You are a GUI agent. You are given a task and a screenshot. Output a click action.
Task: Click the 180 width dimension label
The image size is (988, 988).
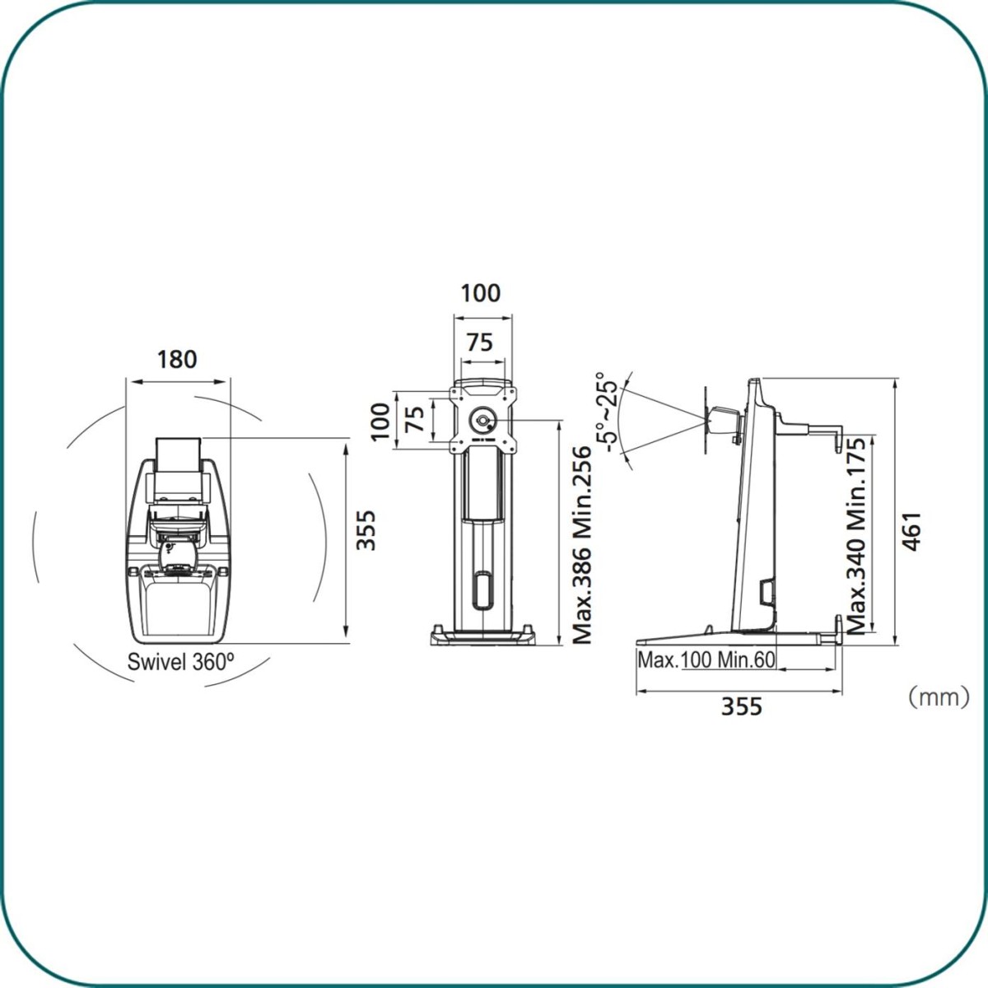click(x=177, y=360)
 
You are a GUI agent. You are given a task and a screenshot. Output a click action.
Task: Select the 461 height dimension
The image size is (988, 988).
click(x=912, y=531)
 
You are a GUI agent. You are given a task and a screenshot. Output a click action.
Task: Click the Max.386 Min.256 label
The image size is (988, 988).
click(x=581, y=545)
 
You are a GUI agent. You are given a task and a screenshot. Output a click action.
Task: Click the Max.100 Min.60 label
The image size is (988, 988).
click(x=706, y=659)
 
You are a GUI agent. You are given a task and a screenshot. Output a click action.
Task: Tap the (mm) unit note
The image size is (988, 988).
click(x=939, y=697)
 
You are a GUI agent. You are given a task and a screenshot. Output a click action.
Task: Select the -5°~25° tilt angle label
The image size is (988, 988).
click(x=608, y=412)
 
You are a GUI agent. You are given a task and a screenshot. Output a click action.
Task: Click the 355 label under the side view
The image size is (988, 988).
click(x=741, y=706)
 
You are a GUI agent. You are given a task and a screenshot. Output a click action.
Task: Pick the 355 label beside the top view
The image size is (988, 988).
click(x=366, y=530)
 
